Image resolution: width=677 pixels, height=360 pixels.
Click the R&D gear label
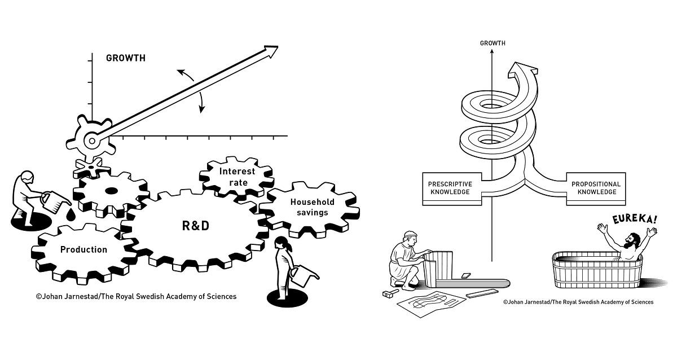pyautogui.click(x=195, y=226)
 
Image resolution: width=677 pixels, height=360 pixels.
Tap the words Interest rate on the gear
pyautogui.click(x=237, y=176)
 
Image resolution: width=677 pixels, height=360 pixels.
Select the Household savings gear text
pyautogui.click(x=312, y=207)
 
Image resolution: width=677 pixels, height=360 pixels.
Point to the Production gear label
pyautogui.click(x=83, y=249)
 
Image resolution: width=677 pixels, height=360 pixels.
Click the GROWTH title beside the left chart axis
pyautogui.click(x=125, y=58)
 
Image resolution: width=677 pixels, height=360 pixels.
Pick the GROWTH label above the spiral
pyautogui.click(x=492, y=43)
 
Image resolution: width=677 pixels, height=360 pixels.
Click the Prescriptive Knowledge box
pyautogui.click(x=450, y=188)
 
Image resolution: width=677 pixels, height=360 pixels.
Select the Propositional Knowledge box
pyautogui.click(x=596, y=188)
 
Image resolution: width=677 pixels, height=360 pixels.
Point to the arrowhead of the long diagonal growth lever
pyautogui.click(x=271, y=51)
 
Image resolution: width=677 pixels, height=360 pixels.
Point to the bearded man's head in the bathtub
pyautogui.click(x=634, y=238)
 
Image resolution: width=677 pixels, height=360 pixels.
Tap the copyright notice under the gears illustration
pyautogui.click(x=136, y=296)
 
